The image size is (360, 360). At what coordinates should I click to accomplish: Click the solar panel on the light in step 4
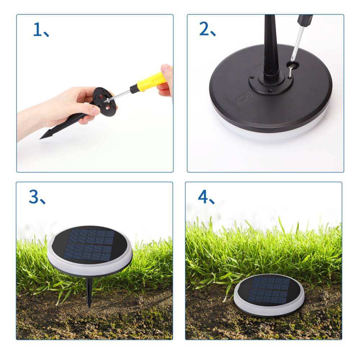point(269,290)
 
